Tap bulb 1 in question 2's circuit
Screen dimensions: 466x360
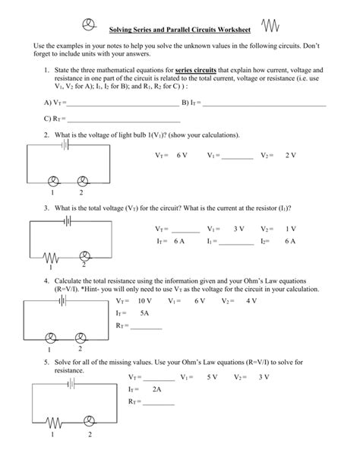point(53,181)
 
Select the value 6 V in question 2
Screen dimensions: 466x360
point(182,154)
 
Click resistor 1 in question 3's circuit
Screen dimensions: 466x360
point(52,256)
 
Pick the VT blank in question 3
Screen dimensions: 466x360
point(185,230)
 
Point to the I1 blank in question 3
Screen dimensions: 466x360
point(237,243)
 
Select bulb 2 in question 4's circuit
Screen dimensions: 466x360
point(81,338)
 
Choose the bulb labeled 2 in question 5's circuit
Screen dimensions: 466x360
point(89,420)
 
